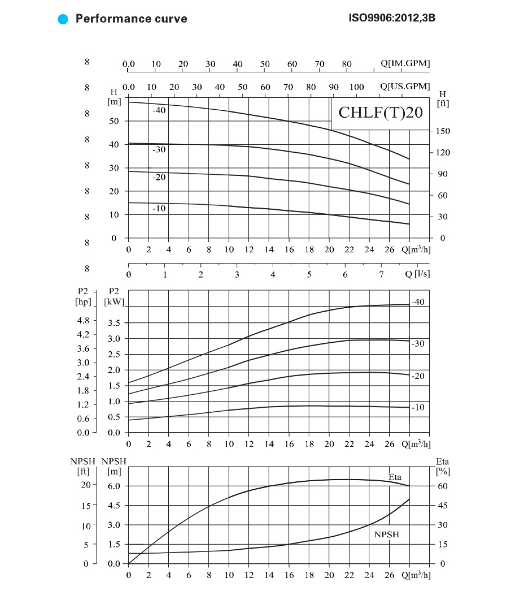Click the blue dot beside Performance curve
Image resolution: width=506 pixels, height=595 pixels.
pos(63,19)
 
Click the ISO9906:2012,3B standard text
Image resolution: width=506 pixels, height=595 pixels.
pos(392,18)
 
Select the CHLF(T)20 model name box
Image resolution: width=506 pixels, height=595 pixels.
pos(380,113)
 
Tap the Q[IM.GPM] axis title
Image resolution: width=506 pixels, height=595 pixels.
pos(405,63)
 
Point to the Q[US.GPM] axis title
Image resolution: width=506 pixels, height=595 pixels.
pos(405,86)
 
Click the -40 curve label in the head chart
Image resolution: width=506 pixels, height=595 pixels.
pos(159,110)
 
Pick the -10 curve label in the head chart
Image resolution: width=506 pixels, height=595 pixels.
pos(159,208)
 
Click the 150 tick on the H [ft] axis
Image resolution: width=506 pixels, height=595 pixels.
pos(443,131)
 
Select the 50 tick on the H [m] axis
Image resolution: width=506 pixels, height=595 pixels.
pos(114,121)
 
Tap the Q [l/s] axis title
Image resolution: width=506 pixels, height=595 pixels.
pos(417,274)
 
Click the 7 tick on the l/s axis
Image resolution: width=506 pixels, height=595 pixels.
pos(381,275)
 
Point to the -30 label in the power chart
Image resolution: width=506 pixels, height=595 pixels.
pos(418,343)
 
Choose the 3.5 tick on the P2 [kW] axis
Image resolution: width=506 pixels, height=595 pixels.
pos(114,323)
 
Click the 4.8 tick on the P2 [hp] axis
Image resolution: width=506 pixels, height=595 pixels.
pos(83,320)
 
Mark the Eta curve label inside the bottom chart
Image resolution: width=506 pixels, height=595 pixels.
pos(395,477)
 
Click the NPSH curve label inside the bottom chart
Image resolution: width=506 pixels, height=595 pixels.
pos(387,534)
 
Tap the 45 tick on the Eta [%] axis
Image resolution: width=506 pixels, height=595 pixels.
pos(442,505)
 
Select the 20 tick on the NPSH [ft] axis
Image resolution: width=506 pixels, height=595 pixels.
pos(86,485)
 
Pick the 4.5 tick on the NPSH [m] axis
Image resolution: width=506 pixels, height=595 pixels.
pos(114,505)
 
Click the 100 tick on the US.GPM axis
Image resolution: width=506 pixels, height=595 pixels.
pos(356,87)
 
